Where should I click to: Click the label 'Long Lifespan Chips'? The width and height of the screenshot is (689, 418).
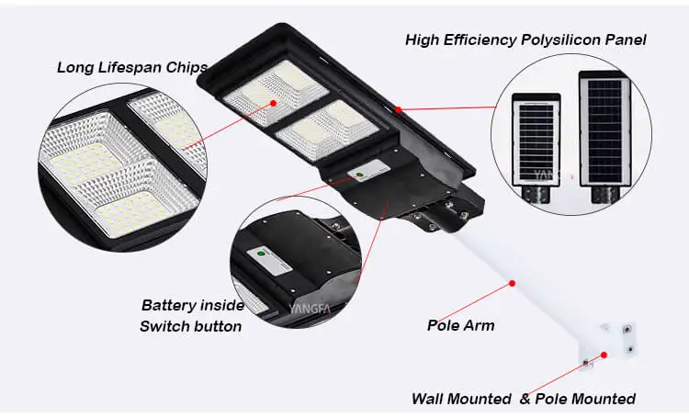point(132,67)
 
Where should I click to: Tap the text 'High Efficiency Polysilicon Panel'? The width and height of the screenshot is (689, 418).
point(525,40)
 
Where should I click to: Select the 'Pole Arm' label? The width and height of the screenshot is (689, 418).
point(460,325)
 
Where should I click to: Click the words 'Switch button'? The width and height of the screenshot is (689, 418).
point(190,326)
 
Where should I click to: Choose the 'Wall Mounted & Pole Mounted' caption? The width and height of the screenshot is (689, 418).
point(524,399)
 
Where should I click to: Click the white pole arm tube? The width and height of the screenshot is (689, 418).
point(514,276)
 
